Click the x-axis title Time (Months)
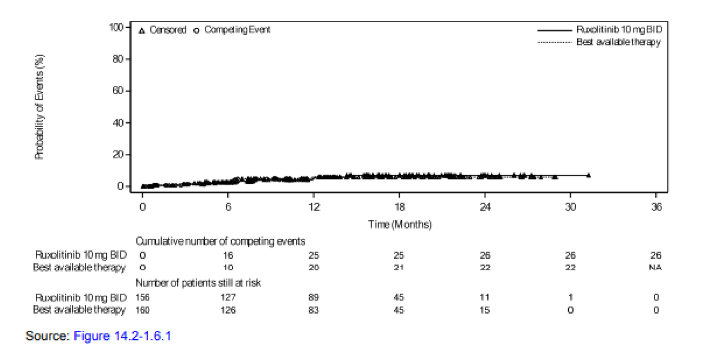[400, 225]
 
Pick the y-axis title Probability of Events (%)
[40, 107]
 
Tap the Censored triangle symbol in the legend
[142, 30]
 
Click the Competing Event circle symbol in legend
[197, 30]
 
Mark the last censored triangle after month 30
[588, 175]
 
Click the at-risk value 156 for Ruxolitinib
[142, 297]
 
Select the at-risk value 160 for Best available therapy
[142, 310]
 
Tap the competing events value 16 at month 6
[228, 255]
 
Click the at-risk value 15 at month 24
[485, 310]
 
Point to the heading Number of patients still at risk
[198, 282]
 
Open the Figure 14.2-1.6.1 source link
[122, 335]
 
